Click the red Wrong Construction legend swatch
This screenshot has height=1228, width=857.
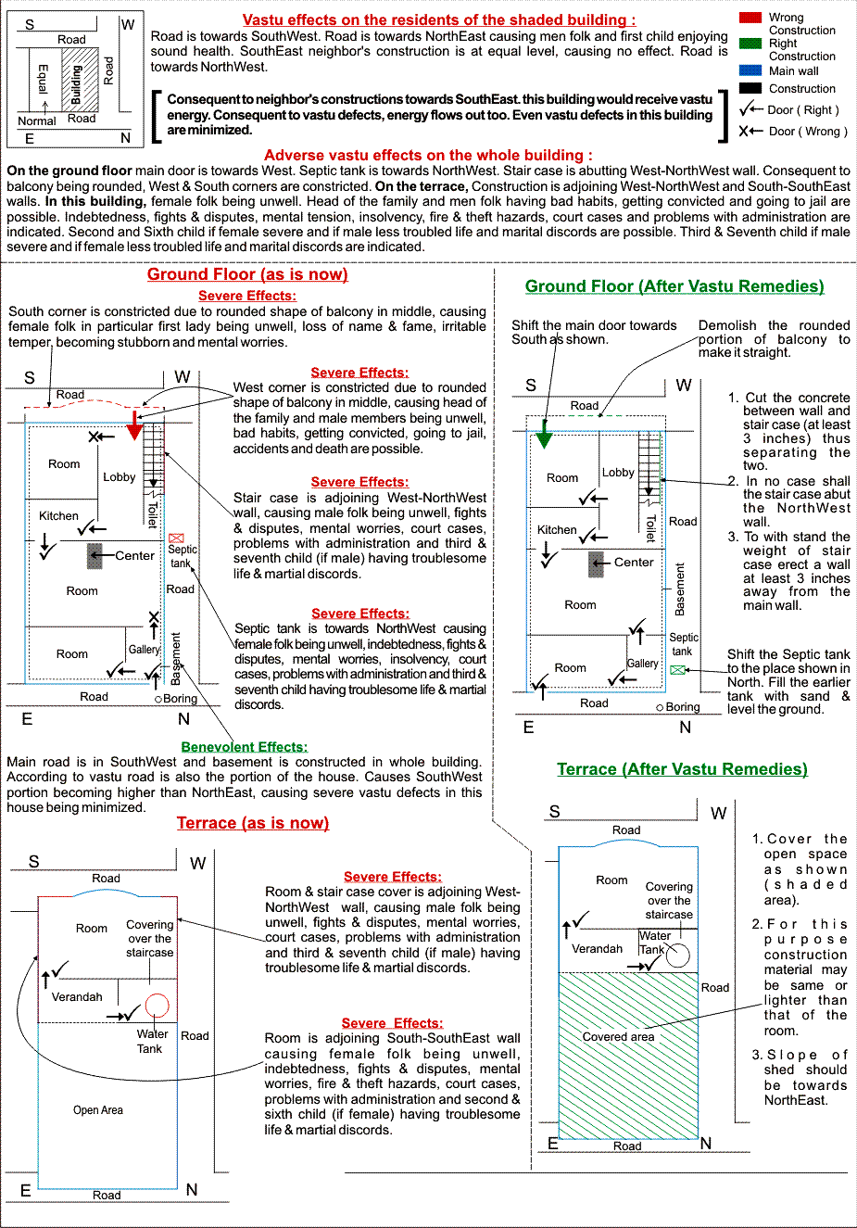750,18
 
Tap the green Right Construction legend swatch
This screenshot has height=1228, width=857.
750,44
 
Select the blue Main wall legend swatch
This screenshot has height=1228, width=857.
750,70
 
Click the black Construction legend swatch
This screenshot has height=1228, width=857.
750,88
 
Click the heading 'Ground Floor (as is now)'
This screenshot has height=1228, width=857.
247,274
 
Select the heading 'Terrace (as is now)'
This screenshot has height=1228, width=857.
253,823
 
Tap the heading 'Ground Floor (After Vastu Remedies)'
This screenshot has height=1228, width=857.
674,286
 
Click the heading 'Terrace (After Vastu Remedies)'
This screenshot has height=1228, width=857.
682,769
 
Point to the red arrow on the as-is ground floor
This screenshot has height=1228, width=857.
134,425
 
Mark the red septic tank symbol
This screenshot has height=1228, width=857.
177,538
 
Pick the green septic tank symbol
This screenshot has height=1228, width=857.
678,669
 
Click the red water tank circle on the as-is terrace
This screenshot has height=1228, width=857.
157,1006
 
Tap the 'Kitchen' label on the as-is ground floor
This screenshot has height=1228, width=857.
58,516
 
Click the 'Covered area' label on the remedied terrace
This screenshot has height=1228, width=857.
618,1037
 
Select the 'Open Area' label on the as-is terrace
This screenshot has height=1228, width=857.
98,1110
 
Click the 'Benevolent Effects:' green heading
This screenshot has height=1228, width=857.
245,747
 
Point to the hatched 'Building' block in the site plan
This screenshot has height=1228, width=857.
80,78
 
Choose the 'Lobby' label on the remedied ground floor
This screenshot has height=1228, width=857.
618,473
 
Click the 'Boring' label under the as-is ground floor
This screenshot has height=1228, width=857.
180,699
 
